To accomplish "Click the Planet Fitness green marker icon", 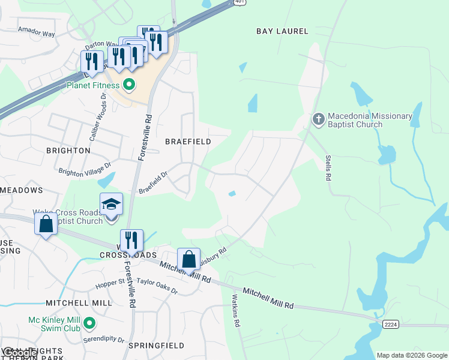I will point(128,85).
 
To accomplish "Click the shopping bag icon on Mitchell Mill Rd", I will point(188,260).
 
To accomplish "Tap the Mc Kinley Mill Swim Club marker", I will point(89,325).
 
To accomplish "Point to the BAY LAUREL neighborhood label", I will point(282,31).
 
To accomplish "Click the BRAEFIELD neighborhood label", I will point(188,142).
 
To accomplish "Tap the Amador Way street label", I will point(36,32).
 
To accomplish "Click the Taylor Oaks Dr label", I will point(157,286).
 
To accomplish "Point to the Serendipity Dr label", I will point(104,340).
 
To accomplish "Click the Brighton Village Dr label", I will point(85,168).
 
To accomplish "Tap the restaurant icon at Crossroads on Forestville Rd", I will point(131,241).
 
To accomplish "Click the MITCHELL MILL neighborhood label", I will point(79,303).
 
